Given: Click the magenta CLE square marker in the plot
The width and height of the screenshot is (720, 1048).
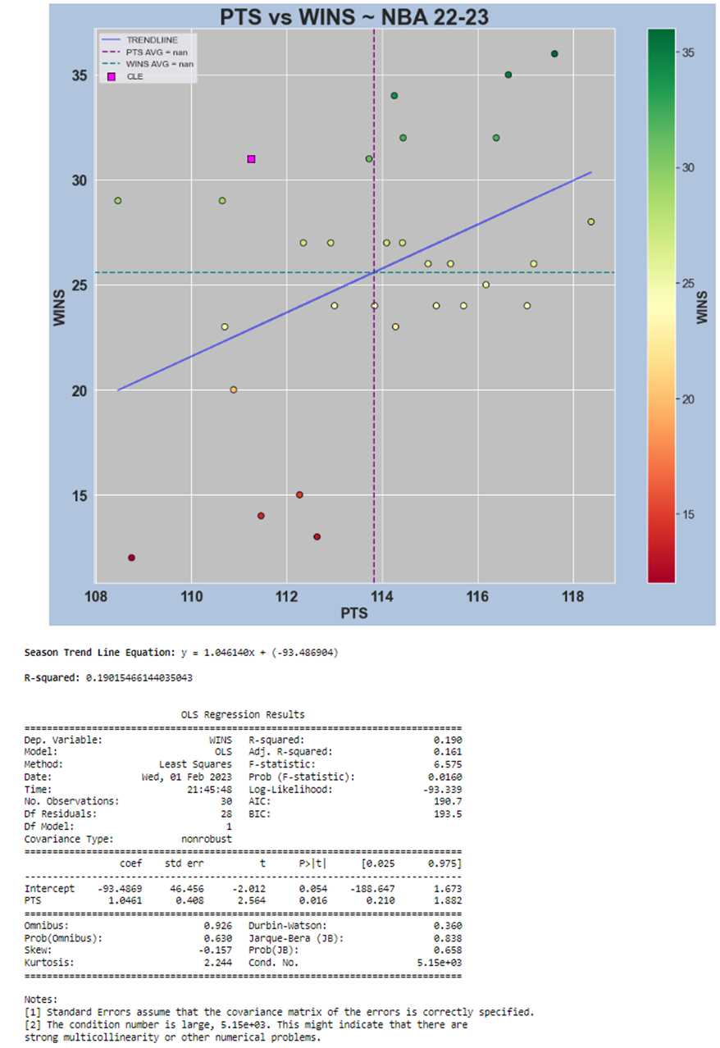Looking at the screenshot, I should click(251, 159).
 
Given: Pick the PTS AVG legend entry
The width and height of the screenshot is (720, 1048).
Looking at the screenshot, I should click(157, 52).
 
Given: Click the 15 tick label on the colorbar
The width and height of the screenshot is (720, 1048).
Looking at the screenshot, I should click(690, 514).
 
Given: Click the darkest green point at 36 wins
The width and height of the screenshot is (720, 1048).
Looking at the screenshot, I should click(554, 54).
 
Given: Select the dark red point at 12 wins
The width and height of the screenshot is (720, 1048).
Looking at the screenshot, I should click(131, 558).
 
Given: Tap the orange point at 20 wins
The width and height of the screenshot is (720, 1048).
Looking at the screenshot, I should click(234, 390).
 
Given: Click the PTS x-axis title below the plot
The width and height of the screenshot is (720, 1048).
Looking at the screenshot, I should click(354, 613).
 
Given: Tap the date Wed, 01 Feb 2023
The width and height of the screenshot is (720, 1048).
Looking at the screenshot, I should click(187, 777).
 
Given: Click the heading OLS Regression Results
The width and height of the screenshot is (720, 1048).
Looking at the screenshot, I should click(243, 715).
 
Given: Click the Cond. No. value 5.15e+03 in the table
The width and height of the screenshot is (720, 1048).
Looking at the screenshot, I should click(440, 964).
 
